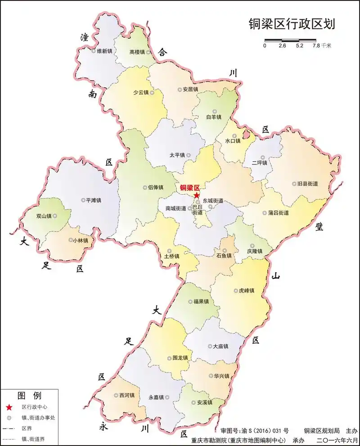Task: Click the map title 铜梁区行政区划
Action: click(292, 24)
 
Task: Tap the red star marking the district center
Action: click(197, 195)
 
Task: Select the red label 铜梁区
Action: click(189, 188)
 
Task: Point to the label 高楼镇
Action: click(137, 52)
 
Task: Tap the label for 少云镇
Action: click(140, 92)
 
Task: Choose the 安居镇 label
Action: click(190, 90)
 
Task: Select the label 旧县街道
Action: click(308, 184)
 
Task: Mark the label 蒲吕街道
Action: click(278, 213)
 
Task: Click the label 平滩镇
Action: click(94, 200)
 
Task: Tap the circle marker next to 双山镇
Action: click(55, 216)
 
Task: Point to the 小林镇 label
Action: click(81, 241)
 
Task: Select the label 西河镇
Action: click(127, 396)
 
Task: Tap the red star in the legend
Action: click(9, 407)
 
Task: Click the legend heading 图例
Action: click(29, 396)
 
